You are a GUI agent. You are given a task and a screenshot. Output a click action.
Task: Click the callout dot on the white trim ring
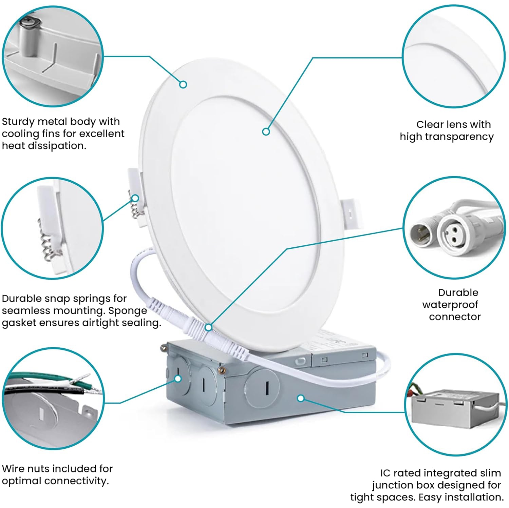(183, 84)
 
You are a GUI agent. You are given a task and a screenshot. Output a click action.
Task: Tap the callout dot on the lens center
(266, 131)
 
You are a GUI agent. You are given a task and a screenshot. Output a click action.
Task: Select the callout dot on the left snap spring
(135, 198)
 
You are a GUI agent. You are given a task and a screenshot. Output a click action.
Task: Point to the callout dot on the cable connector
(209, 327)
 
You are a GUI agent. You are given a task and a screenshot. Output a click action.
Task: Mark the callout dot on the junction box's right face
(301, 398)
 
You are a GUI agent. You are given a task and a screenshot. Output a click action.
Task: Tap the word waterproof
(450, 305)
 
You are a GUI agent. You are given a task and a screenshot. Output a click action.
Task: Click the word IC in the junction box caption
(385, 473)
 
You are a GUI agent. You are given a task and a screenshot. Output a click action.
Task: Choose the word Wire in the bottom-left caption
(13, 469)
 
